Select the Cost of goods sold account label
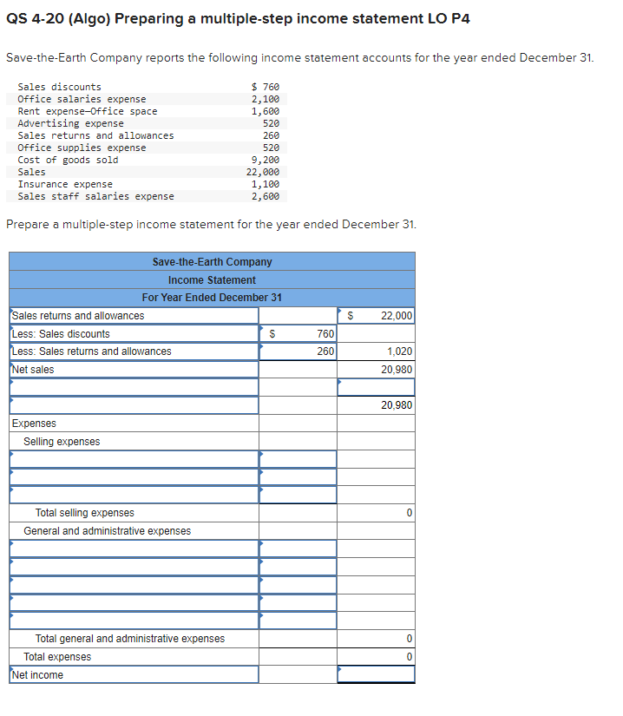pyautogui.click(x=68, y=160)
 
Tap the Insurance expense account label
pyautogui.click(x=65, y=184)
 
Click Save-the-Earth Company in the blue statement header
pyautogui.click(x=212, y=261)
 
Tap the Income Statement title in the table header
pyautogui.click(x=212, y=279)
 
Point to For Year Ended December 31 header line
pyautogui.click(x=212, y=298)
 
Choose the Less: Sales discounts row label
pyautogui.click(x=61, y=334)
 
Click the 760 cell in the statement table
pyautogui.click(x=325, y=334)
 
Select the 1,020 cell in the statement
pyautogui.click(x=399, y=351)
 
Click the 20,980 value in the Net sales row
pyautogui.click(x=397, y=370)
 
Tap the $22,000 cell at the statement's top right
pyautogui.click(x=397, y=316)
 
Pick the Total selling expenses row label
pyautogui.click(x=84, y=513)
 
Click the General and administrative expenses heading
pyautogui.click(x=107, y=531)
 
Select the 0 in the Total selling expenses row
pyautogui.click(x=409, y=514)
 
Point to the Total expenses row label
pyautogui.click(x=57, y=657)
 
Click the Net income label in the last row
pyautogui.click(x=37, y=675)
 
